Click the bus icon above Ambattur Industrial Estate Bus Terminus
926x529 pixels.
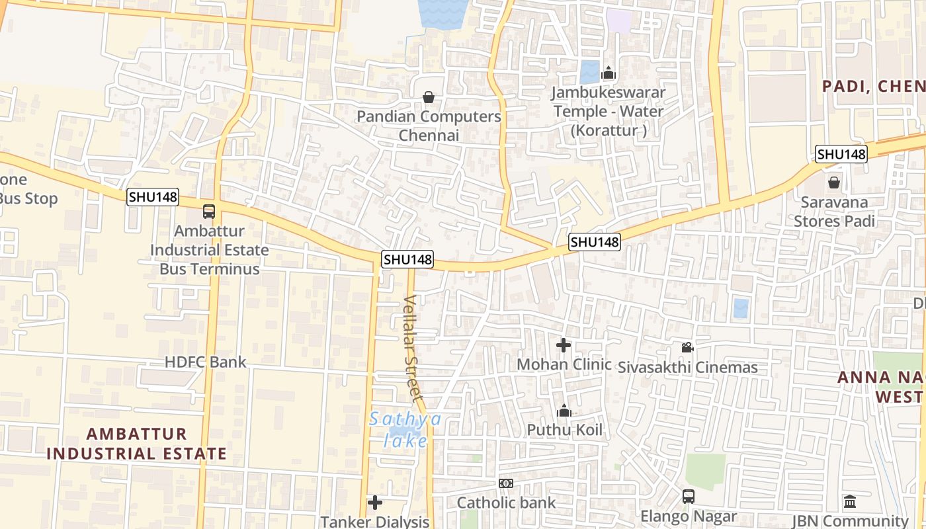point(209,212)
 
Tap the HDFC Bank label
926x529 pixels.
point(205,362)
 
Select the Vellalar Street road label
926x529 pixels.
point(412,348)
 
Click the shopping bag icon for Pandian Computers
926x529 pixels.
point(429,97)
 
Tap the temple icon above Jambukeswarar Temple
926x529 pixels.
point(609,73)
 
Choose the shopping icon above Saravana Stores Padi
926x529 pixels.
point(834,182)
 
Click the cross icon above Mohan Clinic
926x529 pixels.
point(564,345)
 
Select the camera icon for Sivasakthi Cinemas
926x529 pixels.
point(687,347)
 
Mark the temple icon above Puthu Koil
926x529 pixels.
point(564,411)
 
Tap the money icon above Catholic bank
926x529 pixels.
point(506,483)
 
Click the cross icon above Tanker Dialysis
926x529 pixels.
point(375,503)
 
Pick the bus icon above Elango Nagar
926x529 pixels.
point(689,496)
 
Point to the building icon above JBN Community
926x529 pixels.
point(850,502)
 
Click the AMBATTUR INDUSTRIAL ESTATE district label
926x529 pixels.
point(137,444)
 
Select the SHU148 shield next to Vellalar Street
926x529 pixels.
point(407,260)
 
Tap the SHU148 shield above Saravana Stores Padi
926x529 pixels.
point(841,154)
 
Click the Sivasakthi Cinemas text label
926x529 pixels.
point(688,368)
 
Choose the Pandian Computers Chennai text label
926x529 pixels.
point(429,126)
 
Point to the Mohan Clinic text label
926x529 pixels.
point(564,364)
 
